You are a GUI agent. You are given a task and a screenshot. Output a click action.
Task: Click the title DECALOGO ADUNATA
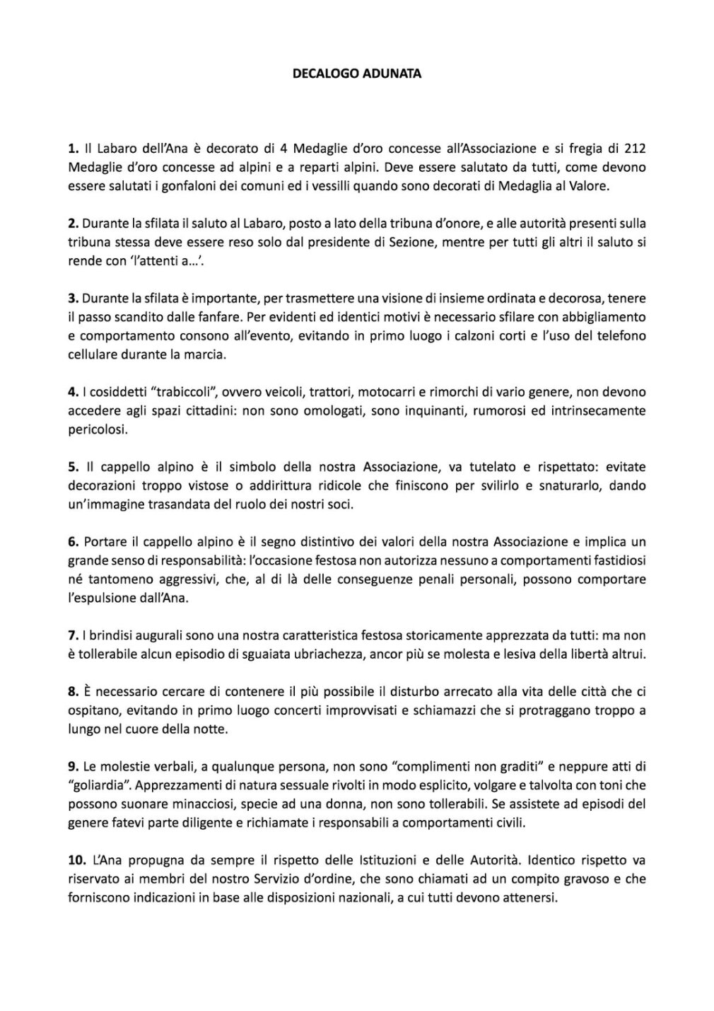[357, 73]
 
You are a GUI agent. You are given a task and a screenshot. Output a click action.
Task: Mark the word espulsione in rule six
[115, 598]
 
